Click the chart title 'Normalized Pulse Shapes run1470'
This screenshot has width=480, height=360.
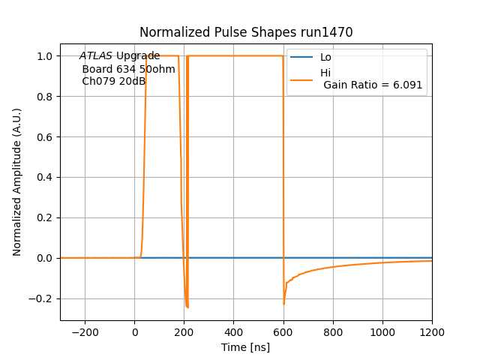coord(246,32)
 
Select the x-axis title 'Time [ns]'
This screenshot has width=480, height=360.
coord(245,347)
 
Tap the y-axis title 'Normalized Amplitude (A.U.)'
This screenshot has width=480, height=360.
coord(17,182)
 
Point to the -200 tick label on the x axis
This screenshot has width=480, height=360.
coord(85,332)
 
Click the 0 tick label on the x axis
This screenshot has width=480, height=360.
coord(135,332)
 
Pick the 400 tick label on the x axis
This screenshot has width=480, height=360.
coord(233,332)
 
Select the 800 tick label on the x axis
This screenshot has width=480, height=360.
coord(332,332)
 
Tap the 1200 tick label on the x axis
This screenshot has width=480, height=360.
coord(431,332)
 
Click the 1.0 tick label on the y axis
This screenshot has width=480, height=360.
coord(44,56)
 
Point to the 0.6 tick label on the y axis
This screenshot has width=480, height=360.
coord(44,137)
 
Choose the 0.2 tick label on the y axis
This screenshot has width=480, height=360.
coord(44,217)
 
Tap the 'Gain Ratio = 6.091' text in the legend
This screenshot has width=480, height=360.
coord(373,85)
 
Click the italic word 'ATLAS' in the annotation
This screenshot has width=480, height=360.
coord(96,56)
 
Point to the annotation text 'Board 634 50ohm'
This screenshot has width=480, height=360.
coord(128,69)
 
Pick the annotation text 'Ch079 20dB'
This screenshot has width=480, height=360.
coord(113,81)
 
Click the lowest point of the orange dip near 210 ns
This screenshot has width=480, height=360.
coord(187,307)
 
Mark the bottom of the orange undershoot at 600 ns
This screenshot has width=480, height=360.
coord(283,303)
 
